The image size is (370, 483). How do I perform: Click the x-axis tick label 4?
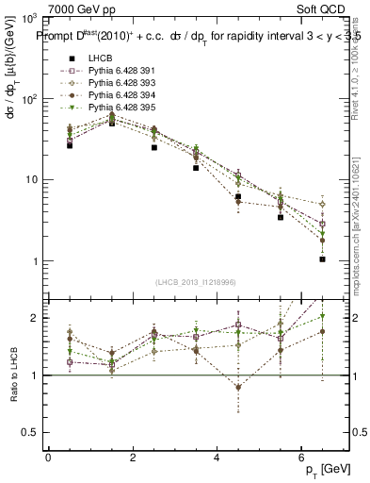[x=217, y=458]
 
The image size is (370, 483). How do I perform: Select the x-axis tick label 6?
[x=301, y=458]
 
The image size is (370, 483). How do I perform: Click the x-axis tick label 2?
[x=133, y=458]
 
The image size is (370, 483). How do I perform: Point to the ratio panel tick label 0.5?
[x=29, y=433]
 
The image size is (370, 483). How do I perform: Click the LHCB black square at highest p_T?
[x=322, y=258]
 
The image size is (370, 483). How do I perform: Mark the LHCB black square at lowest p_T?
[x=70, y=145]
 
